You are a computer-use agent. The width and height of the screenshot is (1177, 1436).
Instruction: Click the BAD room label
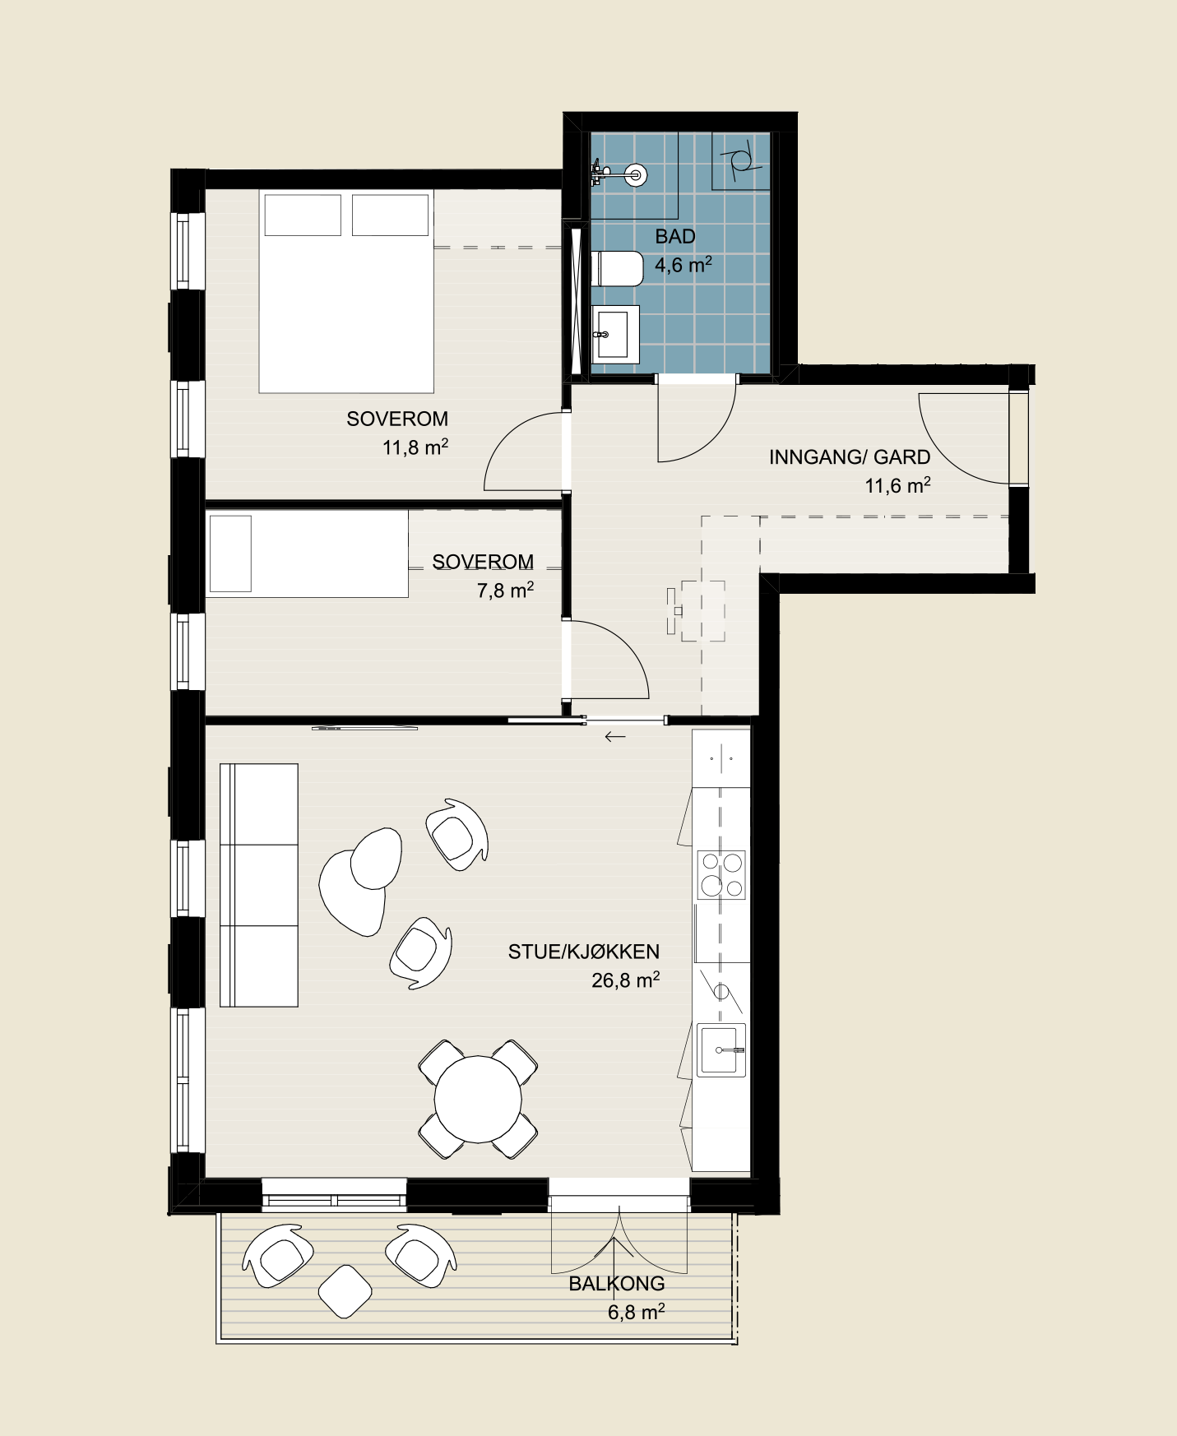click(x=675, y=237)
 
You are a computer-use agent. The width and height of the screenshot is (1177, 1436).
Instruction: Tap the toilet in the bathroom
click(x=617, y=268)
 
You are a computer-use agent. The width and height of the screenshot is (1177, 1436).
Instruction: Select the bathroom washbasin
click(x=614, y=335)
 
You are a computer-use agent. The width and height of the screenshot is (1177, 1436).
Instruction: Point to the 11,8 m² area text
click(x=415, y=447)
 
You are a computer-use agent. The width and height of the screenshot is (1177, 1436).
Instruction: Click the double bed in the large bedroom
click(x=346, y=291)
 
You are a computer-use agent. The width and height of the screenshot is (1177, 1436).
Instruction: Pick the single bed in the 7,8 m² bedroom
click(x=307, y=553)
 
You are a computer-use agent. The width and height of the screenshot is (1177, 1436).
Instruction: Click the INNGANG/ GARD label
click(x=850, y=457)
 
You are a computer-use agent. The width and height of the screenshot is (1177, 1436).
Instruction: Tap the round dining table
click(x=478, y=1099)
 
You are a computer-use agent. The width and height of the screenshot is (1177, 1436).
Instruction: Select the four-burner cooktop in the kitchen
click(x=721, y=874)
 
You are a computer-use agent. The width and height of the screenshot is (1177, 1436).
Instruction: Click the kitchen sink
click(x=721, y=1050)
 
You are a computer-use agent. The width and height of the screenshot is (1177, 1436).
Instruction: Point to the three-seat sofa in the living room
click(x=259, y=885)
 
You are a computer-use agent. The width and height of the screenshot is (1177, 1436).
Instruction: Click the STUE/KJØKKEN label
click(x=584, y=952)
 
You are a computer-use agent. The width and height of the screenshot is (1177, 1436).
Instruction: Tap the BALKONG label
click(x=617, y=1284)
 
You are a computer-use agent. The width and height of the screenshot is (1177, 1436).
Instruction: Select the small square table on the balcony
click(x=345, y=1291)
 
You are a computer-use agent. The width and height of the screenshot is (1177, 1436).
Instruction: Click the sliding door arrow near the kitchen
click(x=615, y=737)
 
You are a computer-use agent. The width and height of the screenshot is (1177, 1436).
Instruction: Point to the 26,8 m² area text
click(x=626, y=980)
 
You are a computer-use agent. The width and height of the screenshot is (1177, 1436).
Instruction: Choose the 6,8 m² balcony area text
click(x=637, y=1312)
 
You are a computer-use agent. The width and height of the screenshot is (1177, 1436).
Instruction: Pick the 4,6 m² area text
click(x=683, y=265)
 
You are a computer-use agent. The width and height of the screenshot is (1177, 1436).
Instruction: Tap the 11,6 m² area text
click(x=897, y=485)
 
